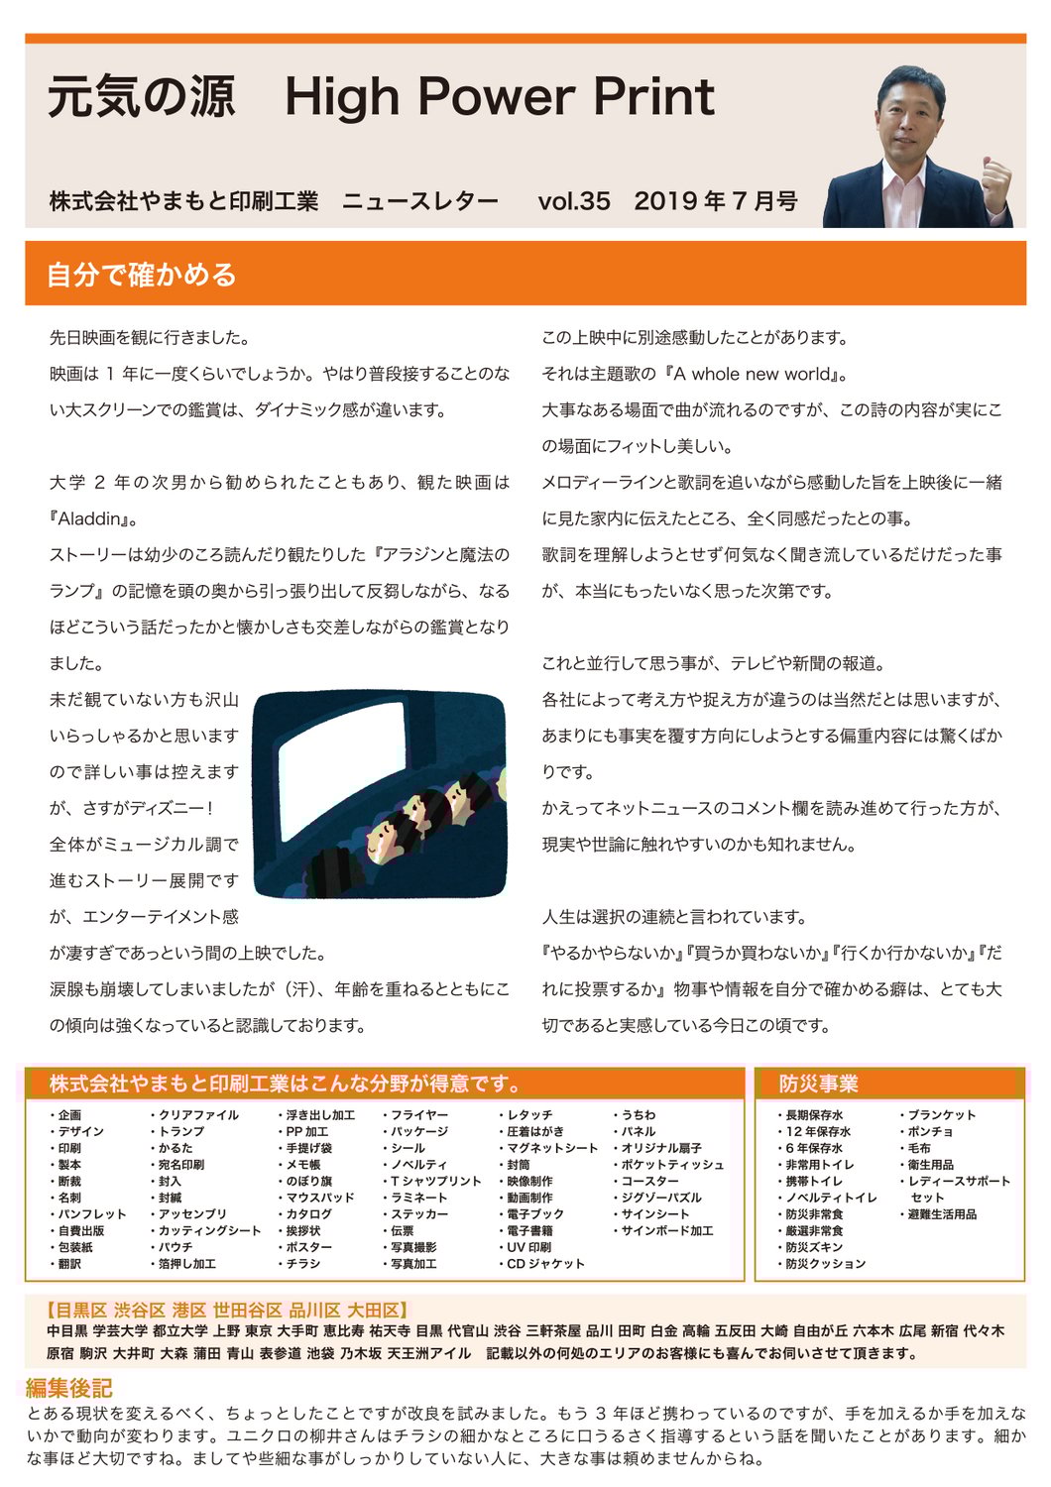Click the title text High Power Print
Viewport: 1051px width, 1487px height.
(x=499, y=97)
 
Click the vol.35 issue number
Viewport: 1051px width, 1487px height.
(x=573, y=201)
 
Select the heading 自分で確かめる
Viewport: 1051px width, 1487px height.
(x=142, y=275)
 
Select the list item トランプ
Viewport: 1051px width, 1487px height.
(x=180, y=1131)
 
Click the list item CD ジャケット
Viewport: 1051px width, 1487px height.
(x=545, y=1264)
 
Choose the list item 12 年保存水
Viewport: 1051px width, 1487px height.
(x=818, y=1131)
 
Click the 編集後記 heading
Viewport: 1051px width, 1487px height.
(x=68, y=1388)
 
